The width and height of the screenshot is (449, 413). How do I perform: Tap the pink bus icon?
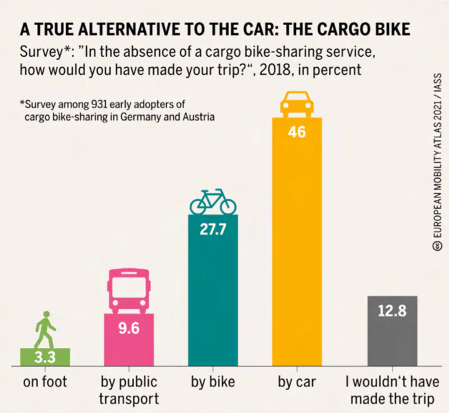coord(129,291)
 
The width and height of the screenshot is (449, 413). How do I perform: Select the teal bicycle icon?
coord(213,201)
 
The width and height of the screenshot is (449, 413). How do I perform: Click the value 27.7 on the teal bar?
coord(213,231)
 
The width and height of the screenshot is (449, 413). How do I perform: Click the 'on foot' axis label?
coord(45,383)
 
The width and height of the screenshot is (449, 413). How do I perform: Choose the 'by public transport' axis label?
coord(129,391)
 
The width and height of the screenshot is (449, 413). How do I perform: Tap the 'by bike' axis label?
coord(213,383)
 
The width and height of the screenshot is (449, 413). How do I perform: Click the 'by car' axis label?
coord(297,383)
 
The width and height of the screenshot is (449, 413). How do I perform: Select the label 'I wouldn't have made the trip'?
coord(392,391)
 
